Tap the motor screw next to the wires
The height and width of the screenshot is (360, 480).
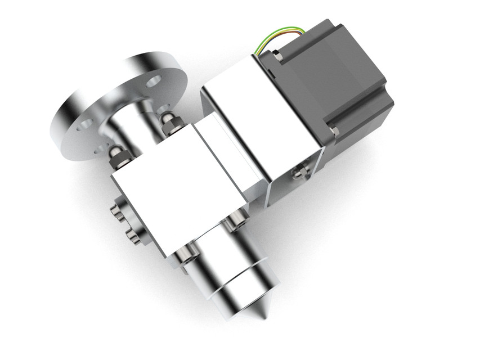pyautogui.click(x=277, y=56)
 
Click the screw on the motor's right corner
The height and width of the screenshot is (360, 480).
pyautogui.click(x=334, y=132)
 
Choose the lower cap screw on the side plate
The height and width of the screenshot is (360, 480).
pyautogui.click(x=132, y=235)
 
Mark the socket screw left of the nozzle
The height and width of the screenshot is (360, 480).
pyautogui.click(x=183, y=258)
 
